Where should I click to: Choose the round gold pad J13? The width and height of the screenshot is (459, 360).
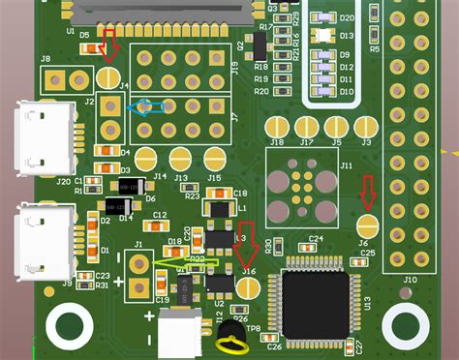click(181, 158)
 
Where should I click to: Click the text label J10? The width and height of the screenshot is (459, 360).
click(410, 280)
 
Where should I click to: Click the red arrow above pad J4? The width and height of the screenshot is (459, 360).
click(109, 45)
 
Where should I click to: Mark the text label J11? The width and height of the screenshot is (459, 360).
click(346, 165)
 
